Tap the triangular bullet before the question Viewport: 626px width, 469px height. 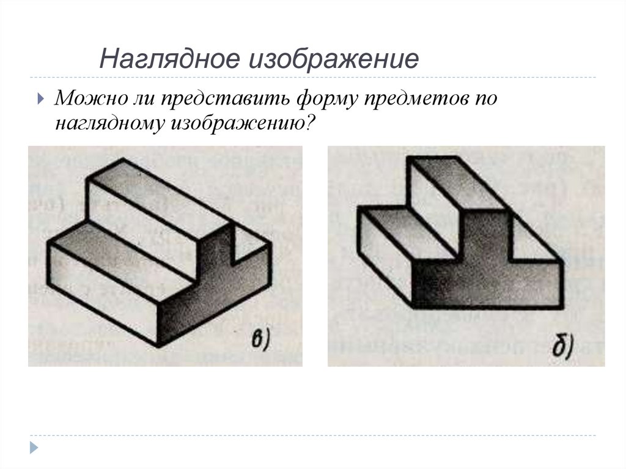[x=41, y=98]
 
